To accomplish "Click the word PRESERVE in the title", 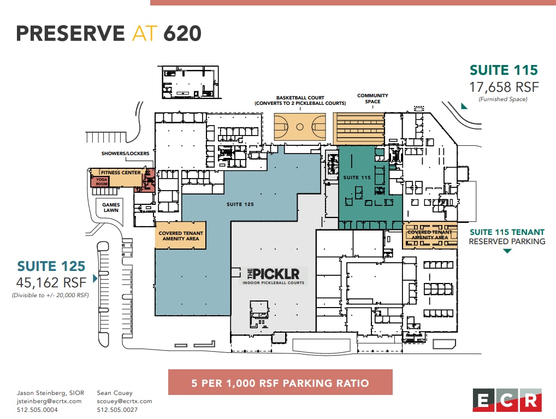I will pos(70,33).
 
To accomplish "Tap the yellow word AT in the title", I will pos(144,33).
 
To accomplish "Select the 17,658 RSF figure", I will pos(504,87).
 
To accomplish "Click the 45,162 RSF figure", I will pos(51,282).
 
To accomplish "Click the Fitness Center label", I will pos(120,173).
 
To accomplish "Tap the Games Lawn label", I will pos(111,208).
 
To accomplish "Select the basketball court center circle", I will pos(299,127).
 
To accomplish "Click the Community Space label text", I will pos(372,99).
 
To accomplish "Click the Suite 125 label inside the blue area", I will pos(240,204).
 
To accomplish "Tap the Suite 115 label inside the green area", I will pos(357,178).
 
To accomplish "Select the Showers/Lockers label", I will pos(125,154).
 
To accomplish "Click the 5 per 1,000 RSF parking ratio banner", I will pos(280,382).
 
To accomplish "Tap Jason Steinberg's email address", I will pos(50,401).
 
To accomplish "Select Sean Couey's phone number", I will pos(117,410).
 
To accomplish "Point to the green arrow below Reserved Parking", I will pos(507,251).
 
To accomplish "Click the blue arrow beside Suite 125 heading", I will pos(96,279).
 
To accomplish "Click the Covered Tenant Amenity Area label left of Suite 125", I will pos(181,236).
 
